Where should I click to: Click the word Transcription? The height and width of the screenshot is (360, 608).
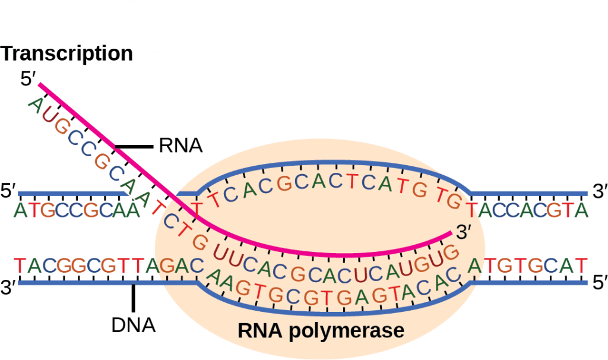pos(66,53)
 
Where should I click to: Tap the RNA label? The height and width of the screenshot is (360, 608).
pos(180,146)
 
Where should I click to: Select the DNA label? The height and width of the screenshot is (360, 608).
pos(134,325)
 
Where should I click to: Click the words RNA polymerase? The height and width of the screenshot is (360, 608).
pos(321,330)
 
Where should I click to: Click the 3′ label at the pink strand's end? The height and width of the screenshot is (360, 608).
pos(464,233)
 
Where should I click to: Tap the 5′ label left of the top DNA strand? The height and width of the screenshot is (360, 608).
pos(8,192)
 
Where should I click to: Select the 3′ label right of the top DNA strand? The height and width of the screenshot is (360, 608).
pos(598,192)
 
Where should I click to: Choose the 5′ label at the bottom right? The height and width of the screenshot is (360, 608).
pos(598,283)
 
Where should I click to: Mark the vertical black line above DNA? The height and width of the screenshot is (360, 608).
pos(134,297)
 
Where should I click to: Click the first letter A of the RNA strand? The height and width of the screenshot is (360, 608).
pos(35,105)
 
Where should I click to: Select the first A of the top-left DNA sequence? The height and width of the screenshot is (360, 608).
pos(22,210)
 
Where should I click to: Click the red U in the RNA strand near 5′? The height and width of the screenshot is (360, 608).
pos(47,115)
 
